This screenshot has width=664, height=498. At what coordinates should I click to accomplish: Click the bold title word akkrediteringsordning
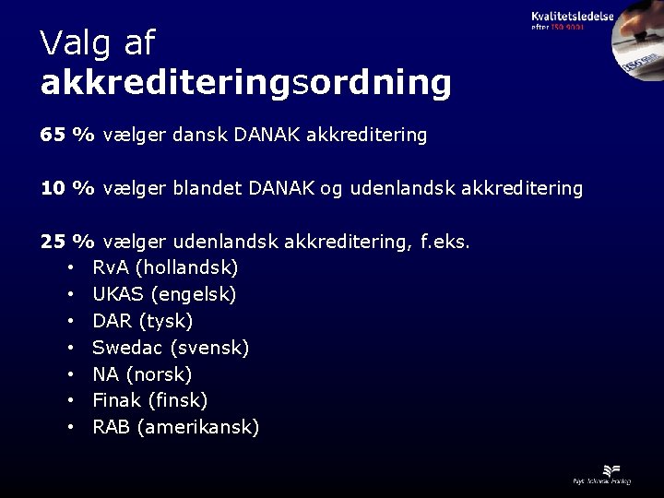pyautogui.click(x=245, y=83)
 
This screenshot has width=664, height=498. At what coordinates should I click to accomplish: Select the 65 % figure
pyautogui.click(x=67, y=135)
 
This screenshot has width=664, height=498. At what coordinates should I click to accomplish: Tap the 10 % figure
pyautogui.click(x=67, y=188)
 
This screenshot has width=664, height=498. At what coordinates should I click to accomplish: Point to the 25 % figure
pyautogui.click(x=67, y=242)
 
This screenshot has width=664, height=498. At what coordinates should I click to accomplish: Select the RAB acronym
pyautogui.click(x=111, y=427)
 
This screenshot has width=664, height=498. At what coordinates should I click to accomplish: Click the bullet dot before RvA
pyautogui.click(x=71, y=269)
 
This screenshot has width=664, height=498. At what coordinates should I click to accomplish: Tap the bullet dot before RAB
pyautogui.click(x=71, y=428)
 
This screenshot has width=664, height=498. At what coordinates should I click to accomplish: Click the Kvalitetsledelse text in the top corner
pyautogui.click(x=572, y=16)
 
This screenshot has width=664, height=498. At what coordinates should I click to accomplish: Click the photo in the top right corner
pyautogui.click(x=636, y=46)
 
